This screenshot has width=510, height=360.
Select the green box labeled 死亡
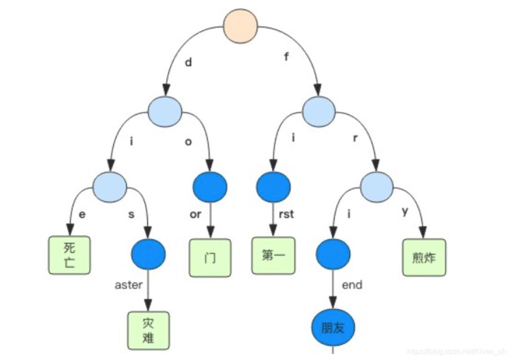tap(69, 255)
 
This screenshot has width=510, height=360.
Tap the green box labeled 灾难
tap(148, 331)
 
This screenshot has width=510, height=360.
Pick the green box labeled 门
tap(210, 258)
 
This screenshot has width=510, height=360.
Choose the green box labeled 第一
tap(273, 256)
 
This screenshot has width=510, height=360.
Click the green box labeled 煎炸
tap(424, 257)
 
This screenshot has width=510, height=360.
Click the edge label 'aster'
tap(128, 285)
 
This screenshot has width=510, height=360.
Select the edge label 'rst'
tap(286, 214)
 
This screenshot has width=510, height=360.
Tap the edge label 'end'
tap(352, 285)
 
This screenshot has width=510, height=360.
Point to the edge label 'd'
tap(188, 62)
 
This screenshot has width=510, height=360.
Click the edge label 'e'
tap(82, 214)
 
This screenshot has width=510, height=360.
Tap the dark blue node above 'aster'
tap(148, 254)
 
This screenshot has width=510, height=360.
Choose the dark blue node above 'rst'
tap(273, 187)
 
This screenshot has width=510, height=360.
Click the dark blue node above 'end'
tap(333, 254)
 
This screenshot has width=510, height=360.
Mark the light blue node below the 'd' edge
tap(165, 111)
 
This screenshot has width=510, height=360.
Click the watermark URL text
tap(456, 351)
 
